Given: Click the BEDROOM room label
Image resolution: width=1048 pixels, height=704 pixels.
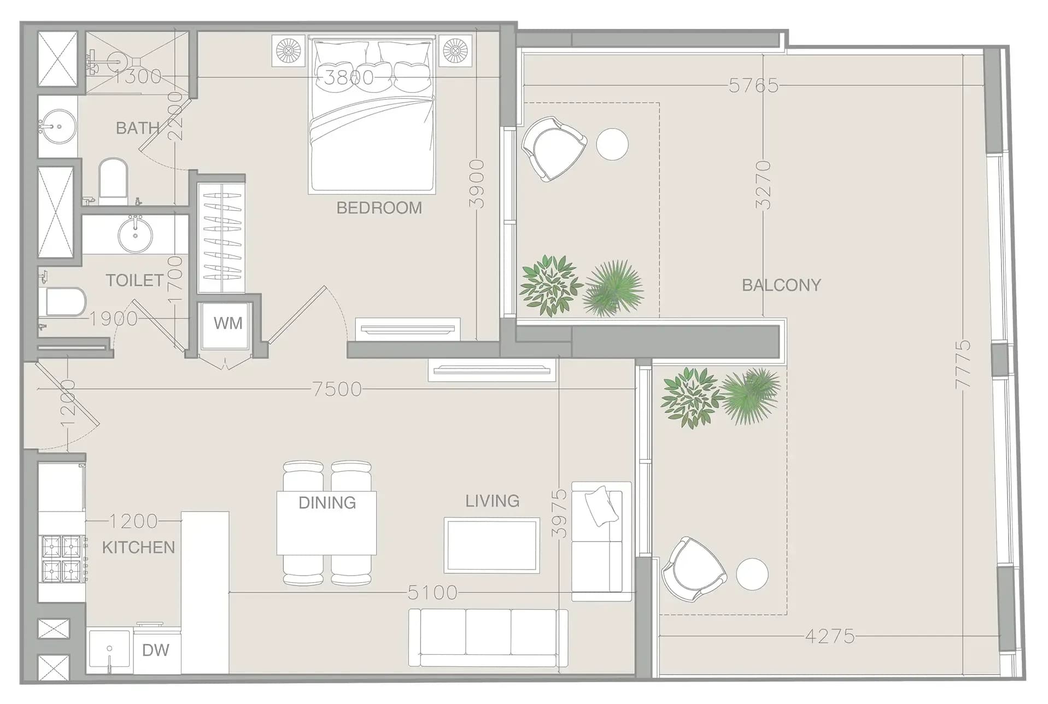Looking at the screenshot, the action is click(379, 208).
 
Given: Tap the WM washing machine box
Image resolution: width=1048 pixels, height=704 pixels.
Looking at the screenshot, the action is click(227, 324).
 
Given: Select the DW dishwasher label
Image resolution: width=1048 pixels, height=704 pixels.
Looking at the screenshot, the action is click(156, 650).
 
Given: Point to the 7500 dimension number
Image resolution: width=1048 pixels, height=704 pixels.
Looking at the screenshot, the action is click(337, 389).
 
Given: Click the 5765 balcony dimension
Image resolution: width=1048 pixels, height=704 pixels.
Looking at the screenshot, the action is click(753, 85).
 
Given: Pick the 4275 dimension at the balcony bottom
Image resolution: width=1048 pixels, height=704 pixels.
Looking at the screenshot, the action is click(830, 636).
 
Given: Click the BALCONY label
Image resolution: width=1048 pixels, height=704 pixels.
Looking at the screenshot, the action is click(781, 285).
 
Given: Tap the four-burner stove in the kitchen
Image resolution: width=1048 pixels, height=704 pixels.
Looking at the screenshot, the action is click(62, 559).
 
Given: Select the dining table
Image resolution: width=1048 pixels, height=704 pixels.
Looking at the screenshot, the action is click(326, 523).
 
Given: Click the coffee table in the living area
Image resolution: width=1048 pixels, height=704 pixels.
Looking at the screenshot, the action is click(491, 545).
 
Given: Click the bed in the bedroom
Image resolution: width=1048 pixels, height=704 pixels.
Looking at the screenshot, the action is click(372, 115).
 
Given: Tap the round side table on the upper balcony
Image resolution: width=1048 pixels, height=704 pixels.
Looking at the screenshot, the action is click(612, 144).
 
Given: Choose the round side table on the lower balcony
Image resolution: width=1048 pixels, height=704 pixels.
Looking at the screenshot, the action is click(752, 574).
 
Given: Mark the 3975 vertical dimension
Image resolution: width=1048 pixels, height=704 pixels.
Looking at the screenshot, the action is click(559, 514).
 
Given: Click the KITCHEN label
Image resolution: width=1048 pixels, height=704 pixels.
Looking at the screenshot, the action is click(138, 547).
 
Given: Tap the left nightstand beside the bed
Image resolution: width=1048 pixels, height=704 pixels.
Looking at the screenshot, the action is click(289, 51).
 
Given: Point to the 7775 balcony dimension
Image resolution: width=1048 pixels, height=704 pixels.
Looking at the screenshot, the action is click(963, 365).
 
